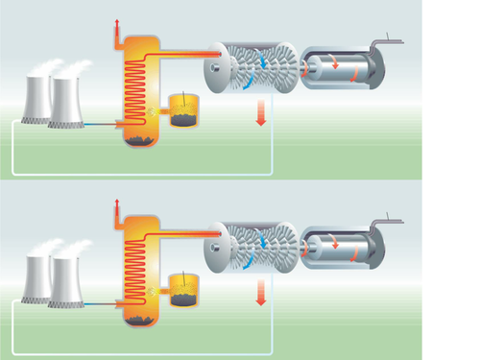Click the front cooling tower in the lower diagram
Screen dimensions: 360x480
(63, 281)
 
